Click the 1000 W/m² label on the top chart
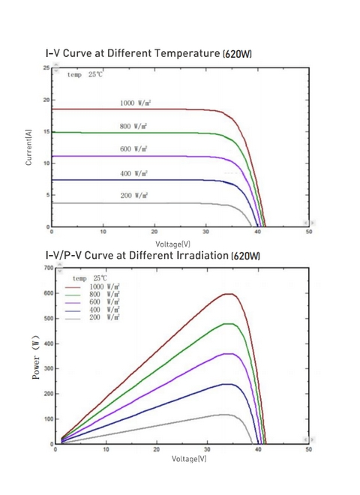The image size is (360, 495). pos(135,103)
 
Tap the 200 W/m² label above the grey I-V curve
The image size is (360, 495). pos(134,196)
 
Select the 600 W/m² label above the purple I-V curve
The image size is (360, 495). pos(134,148)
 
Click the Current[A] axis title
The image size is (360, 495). pos(28,147)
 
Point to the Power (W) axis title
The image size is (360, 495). pos(36,357)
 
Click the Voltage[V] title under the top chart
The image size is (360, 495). pos(172,244)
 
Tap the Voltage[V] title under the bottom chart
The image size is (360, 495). pos(189,458)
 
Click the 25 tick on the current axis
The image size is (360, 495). pos(46,67)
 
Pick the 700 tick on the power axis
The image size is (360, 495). pos(49,268)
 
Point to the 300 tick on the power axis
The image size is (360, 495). pos(49,368)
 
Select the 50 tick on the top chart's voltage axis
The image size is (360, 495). pos(309,232)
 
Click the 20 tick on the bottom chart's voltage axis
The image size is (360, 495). pos(157,449)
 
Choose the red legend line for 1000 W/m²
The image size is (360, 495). pos(73,287)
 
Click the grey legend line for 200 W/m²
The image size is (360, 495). pos(73,319)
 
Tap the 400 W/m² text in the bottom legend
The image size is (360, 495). pos(104,310)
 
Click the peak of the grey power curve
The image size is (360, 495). pos(224,415)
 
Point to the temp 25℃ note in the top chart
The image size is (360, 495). pos(85,75)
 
